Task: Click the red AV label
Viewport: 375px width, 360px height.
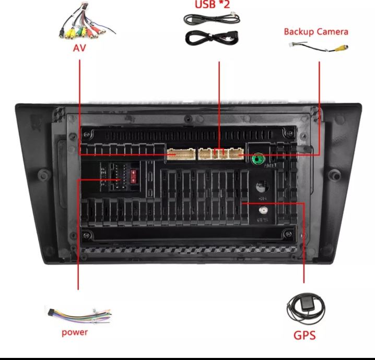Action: point(79,49)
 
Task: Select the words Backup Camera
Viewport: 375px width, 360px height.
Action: point(315,31)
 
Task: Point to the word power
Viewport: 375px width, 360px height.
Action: point(75,332)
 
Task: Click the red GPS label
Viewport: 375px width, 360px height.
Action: point(304,334)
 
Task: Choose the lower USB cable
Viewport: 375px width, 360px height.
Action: point(212,38)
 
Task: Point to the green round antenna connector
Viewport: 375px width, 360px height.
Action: point(257,159)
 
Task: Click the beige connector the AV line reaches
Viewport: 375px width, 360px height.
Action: point(179,154)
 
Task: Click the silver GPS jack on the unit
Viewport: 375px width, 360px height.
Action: point(263,210)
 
